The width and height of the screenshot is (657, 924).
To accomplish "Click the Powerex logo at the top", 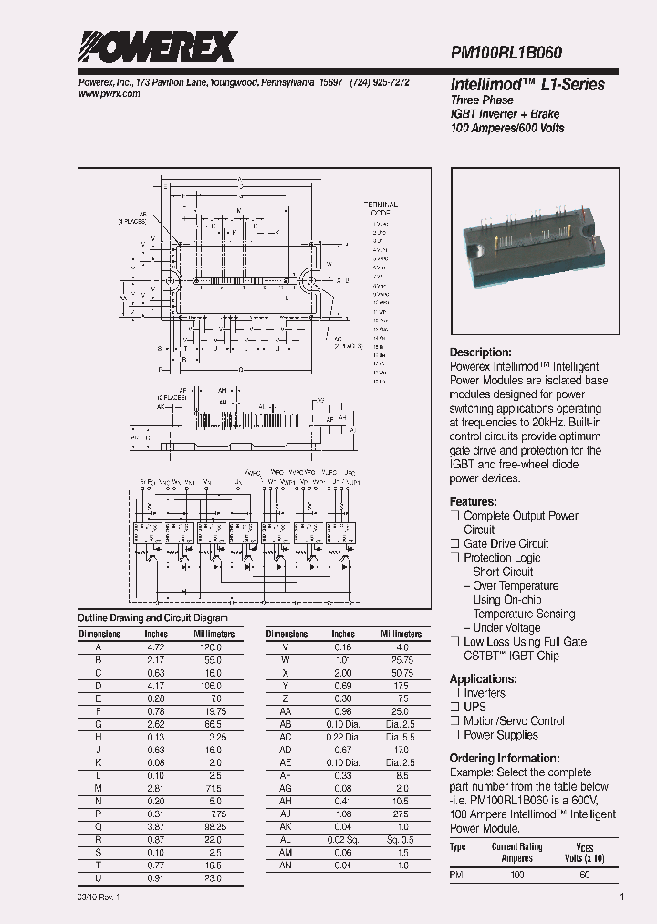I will [x=157, y=47].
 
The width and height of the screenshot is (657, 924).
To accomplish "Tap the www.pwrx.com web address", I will [x=103, y=94].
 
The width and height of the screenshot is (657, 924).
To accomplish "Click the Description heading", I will [x=481, y=352].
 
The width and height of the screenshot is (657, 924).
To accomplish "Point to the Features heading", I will [x=473, y=501].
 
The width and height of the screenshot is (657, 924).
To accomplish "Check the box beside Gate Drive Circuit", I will [x=454, y=544].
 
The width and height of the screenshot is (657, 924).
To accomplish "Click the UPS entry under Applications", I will [x=474, y=707].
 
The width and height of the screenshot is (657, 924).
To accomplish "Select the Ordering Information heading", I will [x=505, y=758].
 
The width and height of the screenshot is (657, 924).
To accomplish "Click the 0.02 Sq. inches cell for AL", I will [x=343, y=839].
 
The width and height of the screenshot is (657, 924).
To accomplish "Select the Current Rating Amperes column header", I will [x=516, y=852].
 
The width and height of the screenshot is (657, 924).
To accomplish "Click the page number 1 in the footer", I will [x=621, y=898].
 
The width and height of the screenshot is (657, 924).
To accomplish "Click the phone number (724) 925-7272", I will [x=378, y=82].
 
